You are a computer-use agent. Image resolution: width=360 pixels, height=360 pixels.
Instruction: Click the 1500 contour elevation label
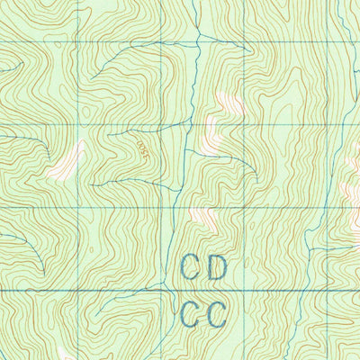point(141,149)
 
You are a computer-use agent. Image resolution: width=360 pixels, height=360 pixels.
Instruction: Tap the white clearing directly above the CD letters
point(201,216)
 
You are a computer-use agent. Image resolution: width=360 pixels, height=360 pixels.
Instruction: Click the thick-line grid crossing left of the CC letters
point(164,291)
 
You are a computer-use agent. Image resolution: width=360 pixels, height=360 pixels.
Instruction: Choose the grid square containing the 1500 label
point(121,166)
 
